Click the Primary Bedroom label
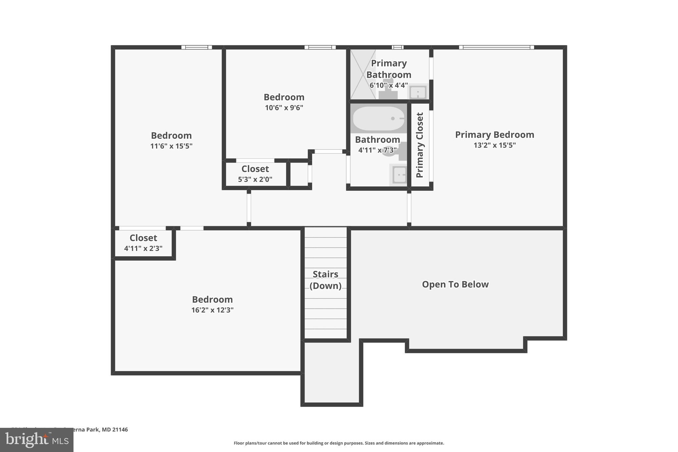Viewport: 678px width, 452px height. (494, 135)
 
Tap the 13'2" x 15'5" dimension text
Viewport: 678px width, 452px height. (494, 145)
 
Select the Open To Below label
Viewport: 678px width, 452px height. (455, 284)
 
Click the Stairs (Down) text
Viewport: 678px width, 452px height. (325, 280)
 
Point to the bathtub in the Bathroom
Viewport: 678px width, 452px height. (378, 119)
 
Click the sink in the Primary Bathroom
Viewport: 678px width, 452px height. (418, 92)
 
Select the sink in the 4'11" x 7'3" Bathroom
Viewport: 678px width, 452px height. (399, 175)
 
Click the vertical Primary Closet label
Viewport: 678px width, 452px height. (420, 145)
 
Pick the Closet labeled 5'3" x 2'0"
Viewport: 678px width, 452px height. (255, 174)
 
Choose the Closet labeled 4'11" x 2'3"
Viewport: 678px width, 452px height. (143, 243)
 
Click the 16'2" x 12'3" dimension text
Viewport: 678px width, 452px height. (212, 310)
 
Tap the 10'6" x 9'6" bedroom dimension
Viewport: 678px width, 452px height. (284, 108)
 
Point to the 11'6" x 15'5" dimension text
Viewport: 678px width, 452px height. (171, 146)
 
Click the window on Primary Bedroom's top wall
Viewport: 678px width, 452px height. (496, 47)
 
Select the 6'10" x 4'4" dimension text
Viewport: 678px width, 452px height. (388, 85)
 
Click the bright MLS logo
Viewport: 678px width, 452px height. (36, 440)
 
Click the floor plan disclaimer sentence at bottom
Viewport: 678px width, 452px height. (339, 443)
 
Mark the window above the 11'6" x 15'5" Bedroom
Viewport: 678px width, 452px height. (197, 47)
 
